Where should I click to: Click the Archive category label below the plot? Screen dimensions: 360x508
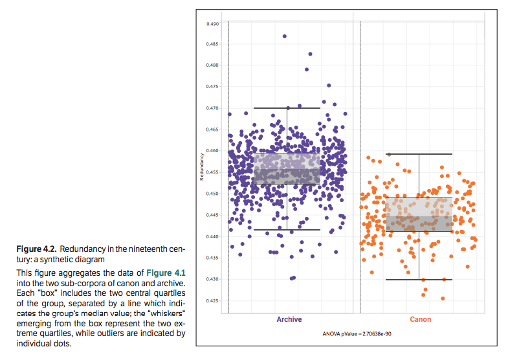point(289,319)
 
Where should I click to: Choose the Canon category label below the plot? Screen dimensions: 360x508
point(420,319)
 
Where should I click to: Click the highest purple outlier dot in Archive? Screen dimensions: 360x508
point(285,36)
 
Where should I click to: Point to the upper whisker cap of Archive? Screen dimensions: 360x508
point(287,108)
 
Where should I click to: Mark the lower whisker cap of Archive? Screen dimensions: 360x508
point(287,230)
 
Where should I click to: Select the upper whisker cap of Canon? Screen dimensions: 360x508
point(419,154)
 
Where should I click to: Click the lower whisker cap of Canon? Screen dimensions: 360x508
point(419,280)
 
